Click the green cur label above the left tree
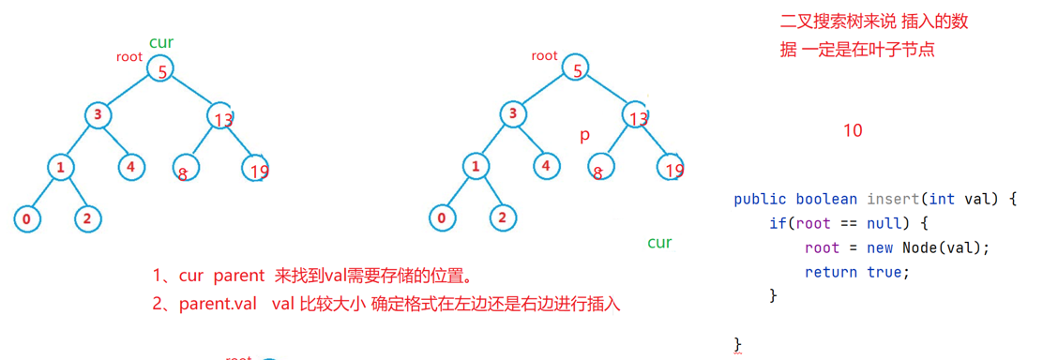(161, 42)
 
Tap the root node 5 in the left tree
(161, 69)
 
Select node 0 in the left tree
(27, 219)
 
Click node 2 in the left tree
(87, 219)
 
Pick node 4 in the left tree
(131, 168)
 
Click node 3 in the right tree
(512, 115)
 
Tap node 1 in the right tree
(476, 168)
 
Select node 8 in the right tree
(597, 170)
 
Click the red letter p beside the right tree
(584, 135)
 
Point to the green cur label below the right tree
(659, 243)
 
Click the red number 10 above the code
(852, 130)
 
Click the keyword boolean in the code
(826, 199)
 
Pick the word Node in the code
(922, 247)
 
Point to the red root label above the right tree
(544, 55)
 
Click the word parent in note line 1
(239, 277)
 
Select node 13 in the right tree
(638, 117)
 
